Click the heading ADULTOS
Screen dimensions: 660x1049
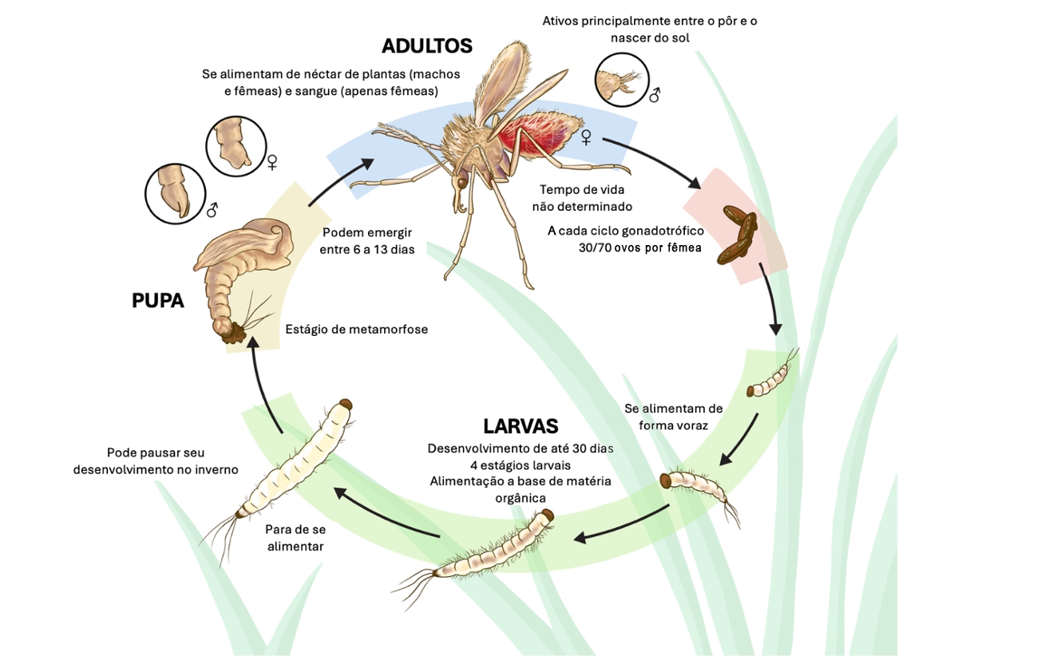point(426,46)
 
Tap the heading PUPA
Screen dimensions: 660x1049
point(157,301)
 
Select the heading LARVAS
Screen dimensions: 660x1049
point(521,425)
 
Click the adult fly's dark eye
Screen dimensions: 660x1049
point(461,183)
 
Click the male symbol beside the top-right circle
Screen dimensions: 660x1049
point(655,96)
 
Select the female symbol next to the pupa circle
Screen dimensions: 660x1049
point(272,162)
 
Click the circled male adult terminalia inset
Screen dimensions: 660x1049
point(622,81)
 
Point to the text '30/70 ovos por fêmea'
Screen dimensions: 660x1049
point(640,247)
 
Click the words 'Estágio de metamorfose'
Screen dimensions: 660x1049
point(356,329)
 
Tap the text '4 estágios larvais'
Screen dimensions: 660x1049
point(520,464)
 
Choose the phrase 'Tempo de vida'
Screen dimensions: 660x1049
point(582,190)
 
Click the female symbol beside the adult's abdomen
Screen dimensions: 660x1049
point(586,138)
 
